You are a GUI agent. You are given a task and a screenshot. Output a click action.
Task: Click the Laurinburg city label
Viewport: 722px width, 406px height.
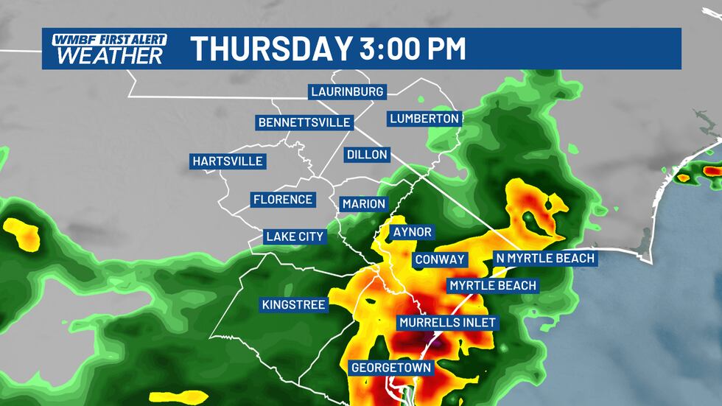(347, 92)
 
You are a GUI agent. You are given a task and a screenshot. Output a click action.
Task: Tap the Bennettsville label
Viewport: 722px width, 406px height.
(304, 122)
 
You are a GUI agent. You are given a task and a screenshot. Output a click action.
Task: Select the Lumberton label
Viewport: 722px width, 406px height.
(425, 118)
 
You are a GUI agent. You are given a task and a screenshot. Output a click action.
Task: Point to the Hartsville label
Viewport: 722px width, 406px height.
(227, 161)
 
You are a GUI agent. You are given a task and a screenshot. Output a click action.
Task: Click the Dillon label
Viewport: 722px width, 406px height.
(366, 155)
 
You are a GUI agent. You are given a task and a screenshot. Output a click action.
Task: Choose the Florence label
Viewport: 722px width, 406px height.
(283, 200)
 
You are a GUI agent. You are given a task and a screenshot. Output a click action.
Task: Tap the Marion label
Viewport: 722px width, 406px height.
(363, 203)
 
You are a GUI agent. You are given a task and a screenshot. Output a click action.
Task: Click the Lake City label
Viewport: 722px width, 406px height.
(295, 237)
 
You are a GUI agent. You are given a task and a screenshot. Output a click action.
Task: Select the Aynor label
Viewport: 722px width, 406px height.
(413, 232)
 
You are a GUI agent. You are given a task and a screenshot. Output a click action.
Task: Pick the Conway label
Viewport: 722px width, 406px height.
(440, 259)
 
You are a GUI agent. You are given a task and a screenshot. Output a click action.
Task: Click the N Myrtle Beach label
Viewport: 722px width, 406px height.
(544, 258)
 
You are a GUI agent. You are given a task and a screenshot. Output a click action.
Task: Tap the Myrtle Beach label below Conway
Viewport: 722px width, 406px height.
(493, 285)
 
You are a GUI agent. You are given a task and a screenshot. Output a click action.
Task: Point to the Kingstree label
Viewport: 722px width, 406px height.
(293, 304)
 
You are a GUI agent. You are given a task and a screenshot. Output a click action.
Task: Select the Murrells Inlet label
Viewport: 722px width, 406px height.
(448, 323)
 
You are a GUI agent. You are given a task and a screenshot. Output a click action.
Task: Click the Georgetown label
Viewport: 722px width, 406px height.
(390, 367)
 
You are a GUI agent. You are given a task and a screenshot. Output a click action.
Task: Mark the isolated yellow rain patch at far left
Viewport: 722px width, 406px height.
(22, 232)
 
